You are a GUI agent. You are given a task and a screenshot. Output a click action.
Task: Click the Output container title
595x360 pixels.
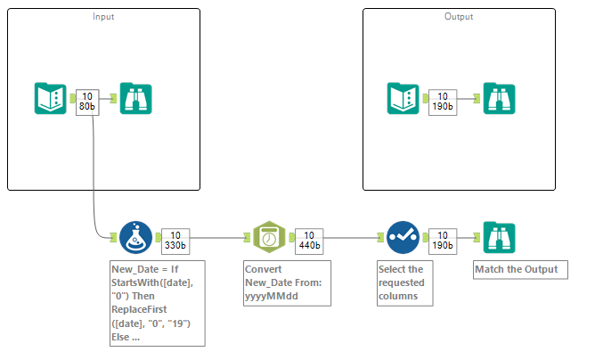tap(459, 17)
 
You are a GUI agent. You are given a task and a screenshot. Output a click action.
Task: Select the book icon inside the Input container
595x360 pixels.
tap(50, 99)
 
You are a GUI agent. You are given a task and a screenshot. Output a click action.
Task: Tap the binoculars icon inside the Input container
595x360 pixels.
tap(135, 99)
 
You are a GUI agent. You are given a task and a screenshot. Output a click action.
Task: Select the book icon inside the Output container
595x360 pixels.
tap(403, 99)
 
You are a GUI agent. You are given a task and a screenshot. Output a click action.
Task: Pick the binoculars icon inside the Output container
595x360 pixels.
tap(498, 99)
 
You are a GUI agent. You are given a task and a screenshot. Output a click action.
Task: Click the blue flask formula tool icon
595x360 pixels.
tap(134, 238)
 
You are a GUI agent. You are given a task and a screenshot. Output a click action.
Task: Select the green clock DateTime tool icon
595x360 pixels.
tap(269, 238)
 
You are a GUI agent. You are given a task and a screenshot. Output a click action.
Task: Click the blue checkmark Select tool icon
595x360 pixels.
tap(402, 238)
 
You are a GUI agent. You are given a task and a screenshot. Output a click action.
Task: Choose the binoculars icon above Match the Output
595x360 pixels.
tap(498, 238)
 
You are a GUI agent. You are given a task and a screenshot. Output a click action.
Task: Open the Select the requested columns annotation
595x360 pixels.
tap(405, 283)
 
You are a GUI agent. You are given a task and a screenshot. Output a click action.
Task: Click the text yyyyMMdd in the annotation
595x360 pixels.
tap(271, 298)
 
